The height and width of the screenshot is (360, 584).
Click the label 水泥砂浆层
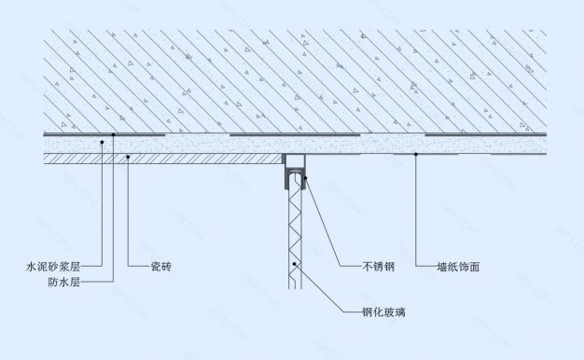(x=54, y=267)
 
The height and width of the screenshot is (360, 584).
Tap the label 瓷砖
(x=160, y=267)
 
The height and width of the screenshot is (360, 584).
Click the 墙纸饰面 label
(x=458, y=267)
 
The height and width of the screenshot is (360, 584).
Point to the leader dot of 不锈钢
(x=303, y=176)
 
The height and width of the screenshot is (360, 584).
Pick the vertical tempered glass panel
(x=294, y=233)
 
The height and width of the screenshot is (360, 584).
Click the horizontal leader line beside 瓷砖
(x=137, y=267)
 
